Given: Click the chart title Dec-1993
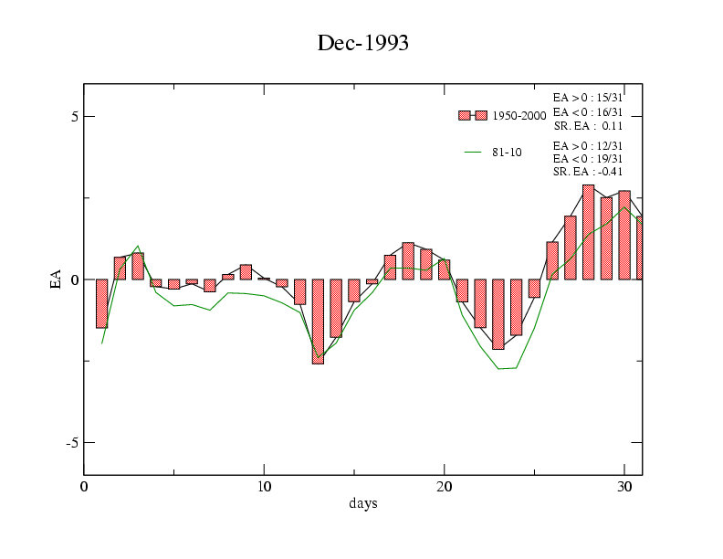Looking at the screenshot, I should (x=362, y=43).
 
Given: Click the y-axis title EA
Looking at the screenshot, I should (x=57, y=279).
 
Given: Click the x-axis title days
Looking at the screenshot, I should (x=362, y=503).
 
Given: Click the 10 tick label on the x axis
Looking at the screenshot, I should (x=264, y=487).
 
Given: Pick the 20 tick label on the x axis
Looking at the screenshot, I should (x=445, y=487).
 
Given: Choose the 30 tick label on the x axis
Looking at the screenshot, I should (x=624, y=487).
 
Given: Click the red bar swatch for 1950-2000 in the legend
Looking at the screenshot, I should (x=472, y=115).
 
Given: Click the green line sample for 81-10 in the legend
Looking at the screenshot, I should (x=472, y=153).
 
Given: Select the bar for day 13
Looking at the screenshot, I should (x=318, y=322).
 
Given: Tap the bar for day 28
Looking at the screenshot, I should (x=588, y=232).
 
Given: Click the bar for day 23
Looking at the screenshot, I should (x=498, y=314).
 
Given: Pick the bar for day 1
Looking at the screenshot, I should (x=101, y=303).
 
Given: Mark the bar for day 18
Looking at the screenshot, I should (x=408, y=261).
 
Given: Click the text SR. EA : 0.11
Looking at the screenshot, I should (x=588, y=126).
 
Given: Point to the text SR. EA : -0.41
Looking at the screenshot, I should (x=588, y=172).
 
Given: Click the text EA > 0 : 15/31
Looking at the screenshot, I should (x=588, y=97).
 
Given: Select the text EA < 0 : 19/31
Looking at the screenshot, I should (x=588, y=158).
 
